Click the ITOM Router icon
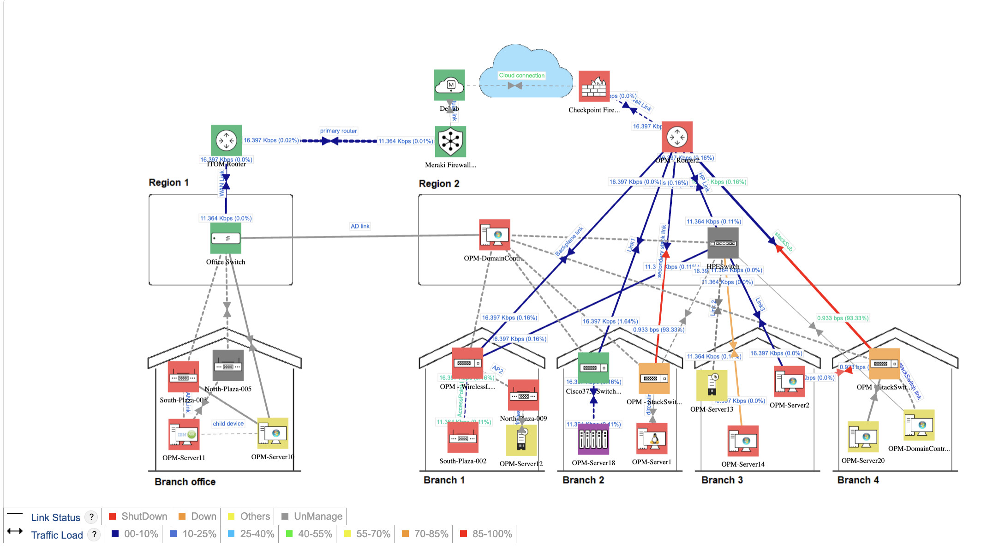pyautogui.click(x=226, y=140)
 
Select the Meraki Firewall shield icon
pyautogui.click(x=450, y=142)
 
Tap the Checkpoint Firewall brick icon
pyautogui.click(x=594, y=86)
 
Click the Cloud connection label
pyautogui.click(x=521, y=75)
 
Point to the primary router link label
pyautogui.click(x=338, y=131)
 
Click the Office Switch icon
pyautogui.click(x=226, y=238)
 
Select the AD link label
pyautogui.click(x=360, y=226)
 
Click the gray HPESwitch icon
pyautogui.click(x=723, y=243)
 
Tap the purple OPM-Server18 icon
pyautogui.click(x=593, y=439)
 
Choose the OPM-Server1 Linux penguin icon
pyautogui.click(x=652, y=438)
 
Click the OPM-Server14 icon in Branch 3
pyautogui.click(x=743, y=441)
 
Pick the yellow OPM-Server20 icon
pyautogui.click(x=863, y=437)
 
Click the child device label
pyautogui.click(x=228, y=424)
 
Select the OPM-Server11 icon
pyautogui.click(x=184, y=434)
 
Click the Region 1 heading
pyautogui.click(x=168, y=182)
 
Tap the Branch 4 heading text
pyautogui.click(x=858, y=480)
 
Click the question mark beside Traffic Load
pyautogui.click(x=94, y=534)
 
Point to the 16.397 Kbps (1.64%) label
pyautogui.click(x=610, y=321)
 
